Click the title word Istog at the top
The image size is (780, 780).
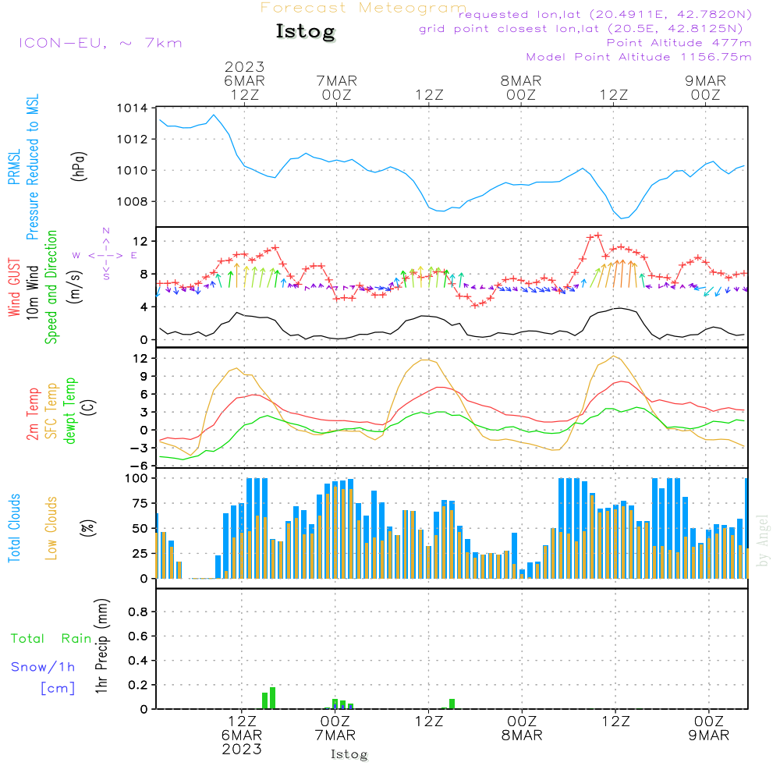pyautogui.click(x=306, y=32)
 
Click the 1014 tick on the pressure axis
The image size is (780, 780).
pyautogui.click(x=133, y=108)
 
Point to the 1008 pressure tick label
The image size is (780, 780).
pyautogui.click(x=133, y=201)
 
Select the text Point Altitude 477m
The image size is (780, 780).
pyautogui.click(x=679, y=43)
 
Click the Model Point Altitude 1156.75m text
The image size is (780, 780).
pyautogui.click(x=639, y=57)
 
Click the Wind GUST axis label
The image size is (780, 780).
pyautogui.click(x=14, y=287)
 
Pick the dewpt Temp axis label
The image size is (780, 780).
pyautogui.click(x=69, y=410)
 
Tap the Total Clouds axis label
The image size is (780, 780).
pyautogui.click(x=14, y=528)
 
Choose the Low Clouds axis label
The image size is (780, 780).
pyautogui.click(x=51, y=528)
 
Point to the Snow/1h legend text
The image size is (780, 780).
pyautogui.click(x=43, y=667)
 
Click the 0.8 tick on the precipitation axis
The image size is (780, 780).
pyautogui.click(x=138, y=612)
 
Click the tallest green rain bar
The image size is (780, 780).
pyautogui.click(x=272, y=698)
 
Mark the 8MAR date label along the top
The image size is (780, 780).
pyautogui.click(x=521, y=80)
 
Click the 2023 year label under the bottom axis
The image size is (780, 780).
pyautogui.click(x=242, y=749)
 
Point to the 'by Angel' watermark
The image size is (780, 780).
pyautogui.click(x=763, y=541)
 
